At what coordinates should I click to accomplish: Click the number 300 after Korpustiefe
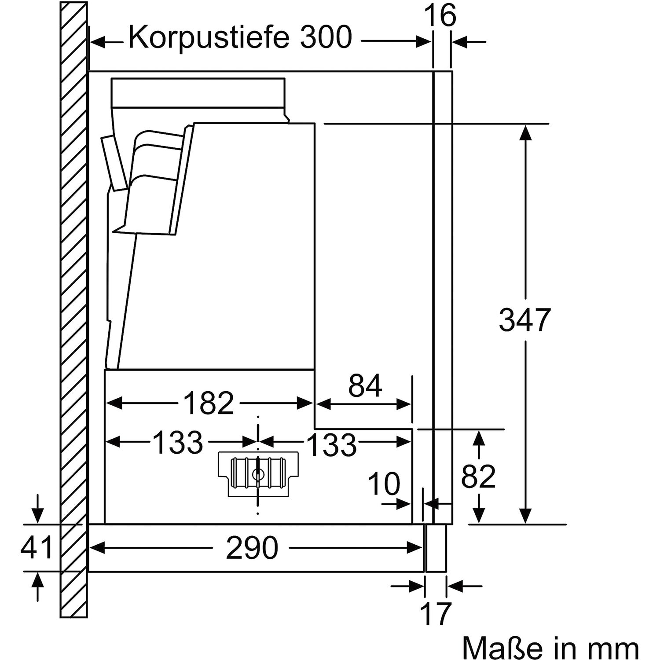(x=326, y=38)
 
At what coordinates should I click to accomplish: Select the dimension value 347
(x=525, y=320)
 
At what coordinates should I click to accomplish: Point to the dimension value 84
(x=365, y=386)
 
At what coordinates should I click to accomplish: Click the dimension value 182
(x=208, y=403)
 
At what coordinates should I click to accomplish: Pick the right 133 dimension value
(x=331, y=444)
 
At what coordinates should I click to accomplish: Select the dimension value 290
(x=252, y=548)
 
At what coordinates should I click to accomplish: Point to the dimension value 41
(x=37, y=548)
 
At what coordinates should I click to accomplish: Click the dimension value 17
(x=436, y=613)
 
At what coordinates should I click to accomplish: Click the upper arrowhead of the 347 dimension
(x=525, y=131)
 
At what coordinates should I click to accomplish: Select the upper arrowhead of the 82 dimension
(x=479, y=436)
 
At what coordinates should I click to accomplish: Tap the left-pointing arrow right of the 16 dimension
(x=460, y=42)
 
